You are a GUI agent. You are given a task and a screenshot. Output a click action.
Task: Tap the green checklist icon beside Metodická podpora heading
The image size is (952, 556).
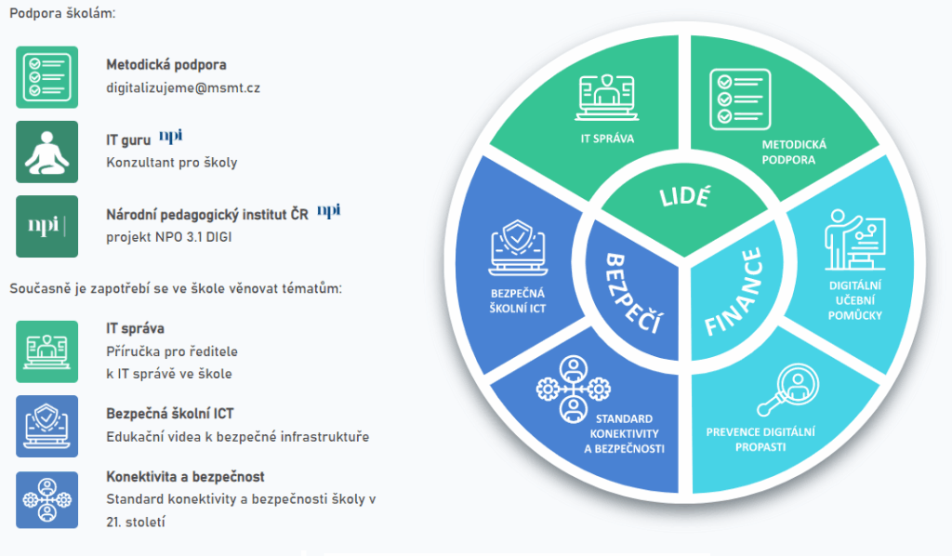point(46,76)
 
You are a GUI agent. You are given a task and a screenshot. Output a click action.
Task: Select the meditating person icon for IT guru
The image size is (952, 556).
point(46,152)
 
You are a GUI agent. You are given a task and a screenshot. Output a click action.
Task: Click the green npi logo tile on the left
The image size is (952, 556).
point(46,226)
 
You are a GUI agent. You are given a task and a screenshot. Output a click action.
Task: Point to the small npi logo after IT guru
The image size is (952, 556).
point(170,138)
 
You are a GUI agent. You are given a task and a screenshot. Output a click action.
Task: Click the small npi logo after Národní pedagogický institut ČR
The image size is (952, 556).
point(328,212)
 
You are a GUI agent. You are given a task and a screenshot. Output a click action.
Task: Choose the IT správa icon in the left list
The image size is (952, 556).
point(46,351)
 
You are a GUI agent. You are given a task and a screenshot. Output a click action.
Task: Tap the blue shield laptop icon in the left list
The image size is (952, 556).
point(46,426)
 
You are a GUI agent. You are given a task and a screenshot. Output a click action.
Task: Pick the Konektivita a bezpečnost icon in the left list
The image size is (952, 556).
point(46,500)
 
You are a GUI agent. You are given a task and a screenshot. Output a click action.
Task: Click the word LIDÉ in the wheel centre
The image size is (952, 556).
point(684,197)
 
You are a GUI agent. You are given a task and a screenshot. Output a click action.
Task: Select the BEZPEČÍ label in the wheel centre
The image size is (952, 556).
point(627,293)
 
